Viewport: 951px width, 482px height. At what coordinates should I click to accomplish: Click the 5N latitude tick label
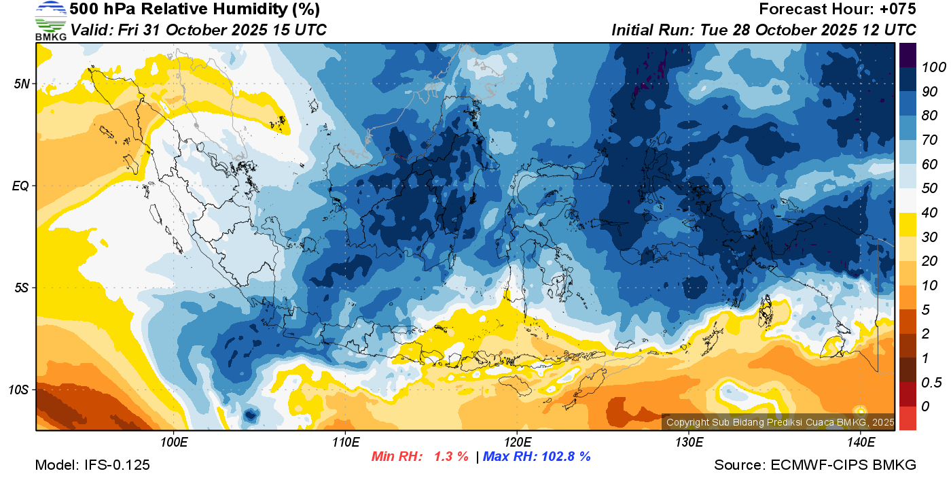[x=21, y=84]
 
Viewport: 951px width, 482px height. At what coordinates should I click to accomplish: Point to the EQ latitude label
[x=20, y=186]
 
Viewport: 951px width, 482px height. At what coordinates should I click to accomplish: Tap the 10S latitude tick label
[x=18, y=390]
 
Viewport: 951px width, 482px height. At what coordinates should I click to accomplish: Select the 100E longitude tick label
[x=174, y=443]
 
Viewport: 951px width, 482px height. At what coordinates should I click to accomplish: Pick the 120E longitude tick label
[x=517, y=443]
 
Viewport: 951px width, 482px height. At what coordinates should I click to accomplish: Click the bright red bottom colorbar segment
[x=908, y=417]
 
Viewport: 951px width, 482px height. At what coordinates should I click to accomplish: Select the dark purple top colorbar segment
[x=908, y=54]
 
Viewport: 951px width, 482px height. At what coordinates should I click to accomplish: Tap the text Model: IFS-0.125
[x=92, y=465]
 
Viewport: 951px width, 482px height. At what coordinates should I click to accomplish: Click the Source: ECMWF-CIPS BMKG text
[x=815, y=465]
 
